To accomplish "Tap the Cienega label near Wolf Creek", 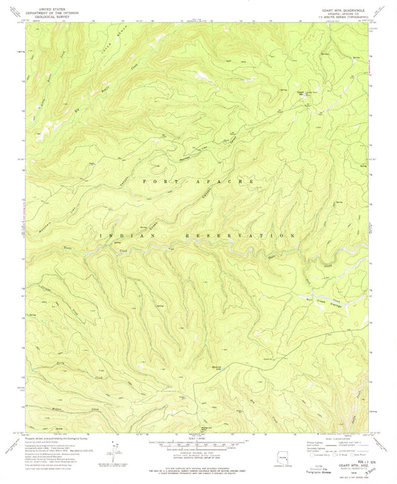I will (339, 280).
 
